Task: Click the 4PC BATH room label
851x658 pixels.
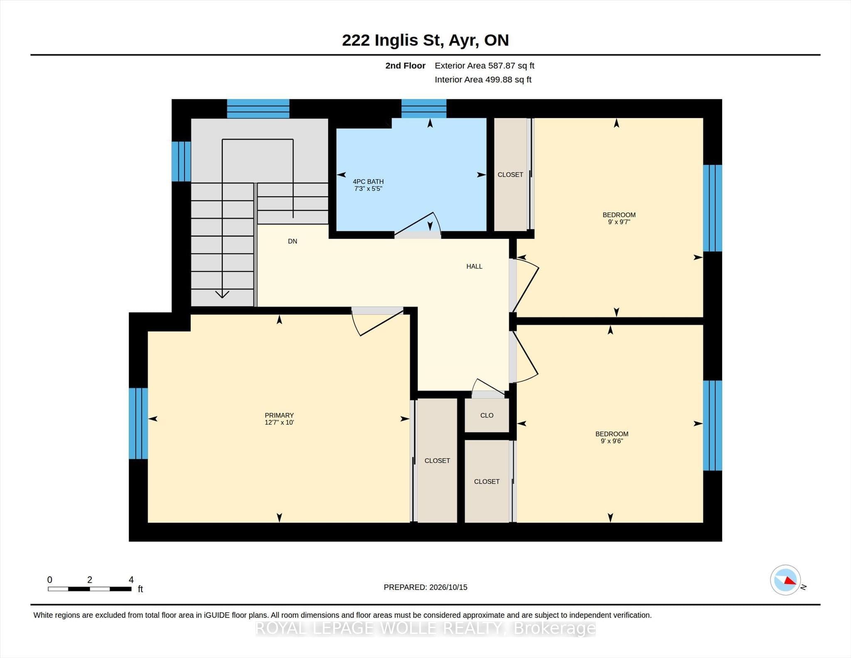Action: pos(368,182)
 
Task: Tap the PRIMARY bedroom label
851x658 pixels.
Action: pos(279,415)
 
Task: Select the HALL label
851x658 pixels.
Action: pos(474,266)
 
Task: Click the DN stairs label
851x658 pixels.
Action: pos(293,241)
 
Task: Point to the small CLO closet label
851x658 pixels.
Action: pos(487,415)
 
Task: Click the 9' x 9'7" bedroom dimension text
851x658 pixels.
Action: pos(619,222)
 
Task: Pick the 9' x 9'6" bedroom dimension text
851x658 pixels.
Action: pos(612,441)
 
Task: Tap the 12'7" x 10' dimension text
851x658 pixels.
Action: pos(279,422)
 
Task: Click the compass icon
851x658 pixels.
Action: pos(785,580)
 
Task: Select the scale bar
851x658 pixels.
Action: pos(89,589)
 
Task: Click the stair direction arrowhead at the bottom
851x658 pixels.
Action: pos(222,294)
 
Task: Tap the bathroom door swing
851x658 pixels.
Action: pos(418,224)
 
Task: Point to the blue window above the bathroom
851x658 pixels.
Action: pos(424,108)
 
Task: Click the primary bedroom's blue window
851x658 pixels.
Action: pos(138,423)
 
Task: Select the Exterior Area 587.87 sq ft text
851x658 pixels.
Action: pos(485,66)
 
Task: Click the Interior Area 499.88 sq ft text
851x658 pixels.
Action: pos(483,79)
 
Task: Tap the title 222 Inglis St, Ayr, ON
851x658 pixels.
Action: pos(425,40)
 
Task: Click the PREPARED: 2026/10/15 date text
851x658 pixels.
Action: pos(425,587)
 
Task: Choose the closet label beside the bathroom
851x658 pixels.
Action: pos(510,175)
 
